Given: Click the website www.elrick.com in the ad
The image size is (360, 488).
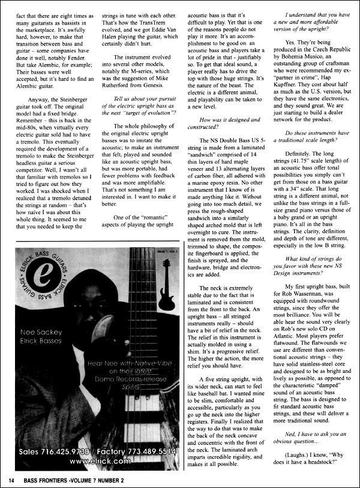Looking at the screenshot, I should (x=100, y=461).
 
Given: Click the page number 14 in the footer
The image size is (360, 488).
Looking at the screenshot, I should (x=11, y=480).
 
